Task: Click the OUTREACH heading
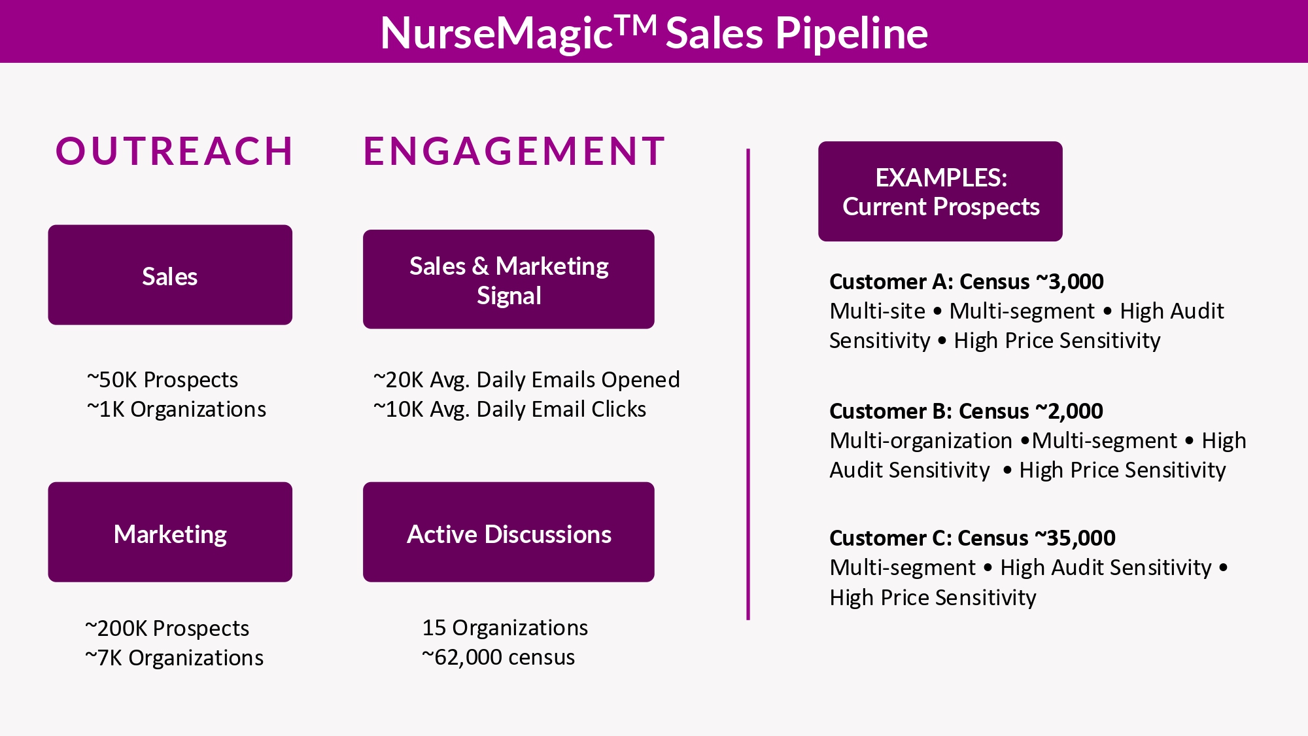click(175, 151)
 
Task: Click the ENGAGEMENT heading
click(515, 151)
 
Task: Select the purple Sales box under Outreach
click(170, 275)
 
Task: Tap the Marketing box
click(170, 532)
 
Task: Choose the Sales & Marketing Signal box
click(509, 279)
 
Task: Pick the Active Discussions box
click(509, 532)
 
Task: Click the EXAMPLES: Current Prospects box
click(940, 191)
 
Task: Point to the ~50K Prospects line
click(162, 379)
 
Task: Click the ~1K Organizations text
click(177, 409)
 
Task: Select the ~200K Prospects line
click(167, 628)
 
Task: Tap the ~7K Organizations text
click(175, 657)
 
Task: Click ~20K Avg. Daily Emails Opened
click(526, 379)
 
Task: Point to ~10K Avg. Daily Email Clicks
click(509, 409)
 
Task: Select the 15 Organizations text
click(505, 627)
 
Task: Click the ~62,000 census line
click(498, 657)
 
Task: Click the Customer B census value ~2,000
click(1069, 411)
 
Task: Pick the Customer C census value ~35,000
click(1075, 538)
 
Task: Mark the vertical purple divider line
click(748, 384)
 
